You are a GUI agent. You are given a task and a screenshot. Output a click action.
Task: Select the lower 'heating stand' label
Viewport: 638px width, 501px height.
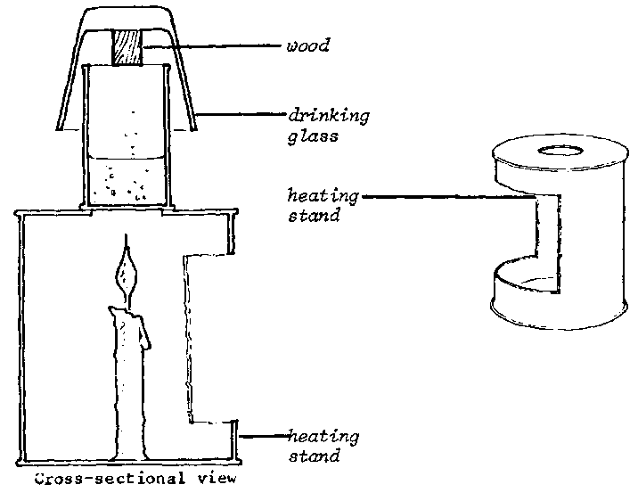click(323, 446)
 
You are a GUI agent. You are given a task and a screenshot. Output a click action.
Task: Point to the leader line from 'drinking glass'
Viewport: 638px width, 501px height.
click(241, 115)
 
